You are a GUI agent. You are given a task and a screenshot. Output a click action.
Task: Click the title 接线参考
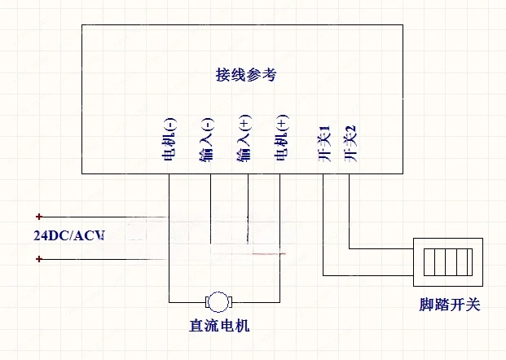click(246, 75)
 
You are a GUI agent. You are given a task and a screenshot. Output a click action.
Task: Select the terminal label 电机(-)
click(169, 139)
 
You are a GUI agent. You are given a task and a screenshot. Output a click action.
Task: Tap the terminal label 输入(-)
click(206, 139)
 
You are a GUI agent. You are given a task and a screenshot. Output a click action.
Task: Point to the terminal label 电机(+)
click(282, 139)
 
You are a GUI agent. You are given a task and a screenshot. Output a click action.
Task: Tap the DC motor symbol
click(218, 301)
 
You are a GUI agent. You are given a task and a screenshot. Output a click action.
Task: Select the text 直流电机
click(218, 327)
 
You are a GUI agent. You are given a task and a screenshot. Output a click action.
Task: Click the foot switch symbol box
click(448, 260)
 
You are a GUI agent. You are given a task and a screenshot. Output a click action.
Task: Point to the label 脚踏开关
click(447, 305)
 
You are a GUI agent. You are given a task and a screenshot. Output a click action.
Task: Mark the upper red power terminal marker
click(39, 217)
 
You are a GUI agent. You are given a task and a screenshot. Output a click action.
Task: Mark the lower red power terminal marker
click(39, 259)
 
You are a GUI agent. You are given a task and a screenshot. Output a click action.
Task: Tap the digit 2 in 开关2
click(351, 130)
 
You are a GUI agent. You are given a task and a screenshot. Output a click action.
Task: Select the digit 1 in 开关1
click(324, 130)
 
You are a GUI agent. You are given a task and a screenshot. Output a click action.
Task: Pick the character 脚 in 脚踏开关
click(423, 305)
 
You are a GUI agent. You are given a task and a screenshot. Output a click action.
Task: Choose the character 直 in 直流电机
click(196, 327)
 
